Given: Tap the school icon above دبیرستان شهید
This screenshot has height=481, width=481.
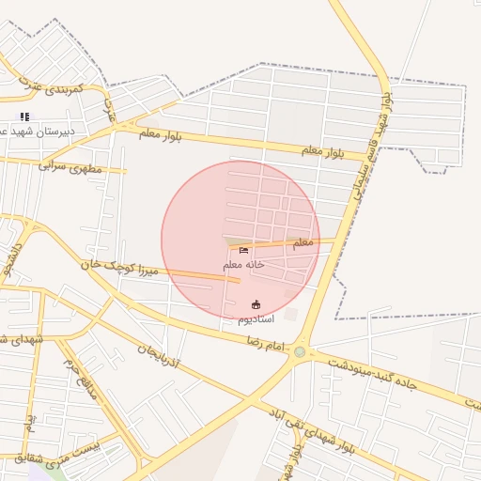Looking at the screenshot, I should [x=24, y=116].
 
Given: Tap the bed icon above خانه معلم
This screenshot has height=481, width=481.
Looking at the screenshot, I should [x=244, y=251].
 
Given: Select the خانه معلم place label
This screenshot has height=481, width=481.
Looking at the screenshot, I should [x=243, y=266].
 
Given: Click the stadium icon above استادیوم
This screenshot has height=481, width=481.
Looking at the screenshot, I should [x=256, y=304].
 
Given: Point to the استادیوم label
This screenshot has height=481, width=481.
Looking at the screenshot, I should [x=256, y=319].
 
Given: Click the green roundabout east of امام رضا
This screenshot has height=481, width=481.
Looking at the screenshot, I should [x=300, y=352].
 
